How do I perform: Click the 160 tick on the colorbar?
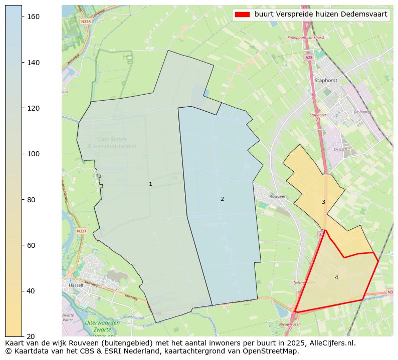coord(23,17)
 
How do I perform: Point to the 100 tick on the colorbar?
coord(23,154)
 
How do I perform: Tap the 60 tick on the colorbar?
coord(23,245)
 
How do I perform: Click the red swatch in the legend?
coord(243,15)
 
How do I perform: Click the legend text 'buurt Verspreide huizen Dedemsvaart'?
coord(321,15)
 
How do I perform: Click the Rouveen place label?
coord(278,197)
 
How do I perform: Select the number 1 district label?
coord(150,184)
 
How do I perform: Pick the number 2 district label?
coord(222,199)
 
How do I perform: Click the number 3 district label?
coord(323,202)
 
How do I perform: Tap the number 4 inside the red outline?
coord(336,277)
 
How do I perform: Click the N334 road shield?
coord(86,22)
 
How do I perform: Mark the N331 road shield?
coord(82,231)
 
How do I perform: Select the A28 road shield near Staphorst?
coord(309,58)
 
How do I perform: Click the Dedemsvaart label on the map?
coord(373,298)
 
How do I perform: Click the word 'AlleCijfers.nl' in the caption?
coord(332,343)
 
